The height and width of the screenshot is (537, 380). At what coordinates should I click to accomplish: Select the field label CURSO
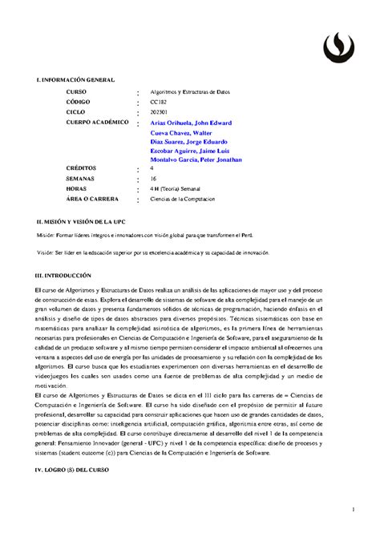coord(77,93)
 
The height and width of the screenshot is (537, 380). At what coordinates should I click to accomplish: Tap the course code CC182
coord(160,103)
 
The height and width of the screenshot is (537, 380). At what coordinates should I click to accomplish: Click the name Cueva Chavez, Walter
coord(180,132)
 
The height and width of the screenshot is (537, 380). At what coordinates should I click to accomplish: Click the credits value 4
coord(152,169)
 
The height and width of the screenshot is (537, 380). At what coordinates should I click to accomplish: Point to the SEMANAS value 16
coord(154,179)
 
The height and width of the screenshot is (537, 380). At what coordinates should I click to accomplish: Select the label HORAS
coord(78,188)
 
